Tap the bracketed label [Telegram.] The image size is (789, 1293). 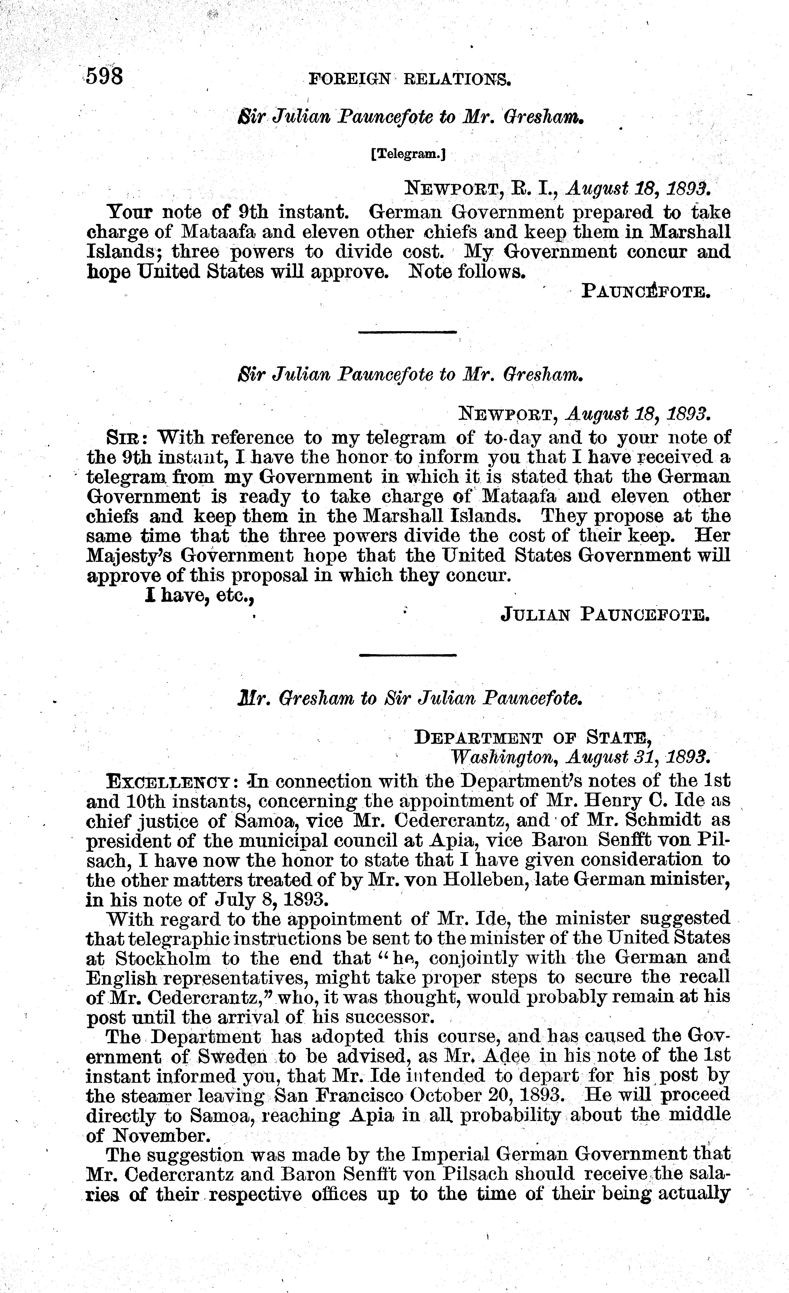[x=408, y=154]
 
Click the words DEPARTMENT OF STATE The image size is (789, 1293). [x=533, y=738]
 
